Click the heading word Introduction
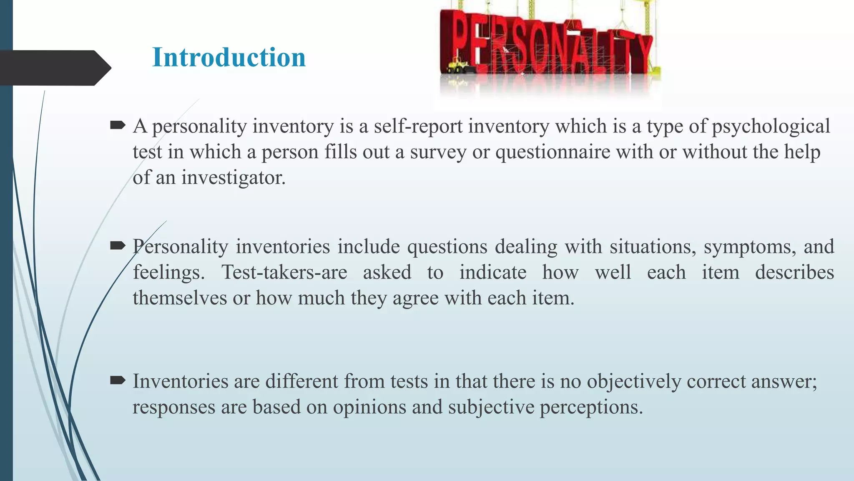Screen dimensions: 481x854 tap(229, 57)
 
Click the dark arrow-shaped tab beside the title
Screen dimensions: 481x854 tap(54, 68)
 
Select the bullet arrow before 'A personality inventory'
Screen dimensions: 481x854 tap(118, 125)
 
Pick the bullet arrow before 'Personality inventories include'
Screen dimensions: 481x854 tap(118, 246)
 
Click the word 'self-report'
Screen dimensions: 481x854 tap(418, 126)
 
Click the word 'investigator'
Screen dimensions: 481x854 tap(233, 178)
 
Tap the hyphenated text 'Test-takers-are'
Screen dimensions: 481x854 tap(284, 273)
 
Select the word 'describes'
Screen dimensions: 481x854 tap(794, 273)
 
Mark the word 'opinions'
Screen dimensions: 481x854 tap(369, 408)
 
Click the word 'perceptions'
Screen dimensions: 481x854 tap(591, 408)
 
